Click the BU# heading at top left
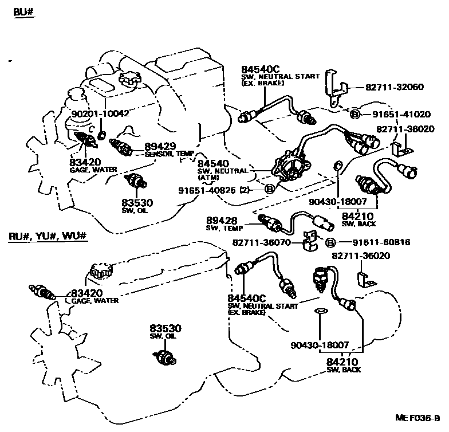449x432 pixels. coord(21,12)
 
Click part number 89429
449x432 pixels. coord(160,147)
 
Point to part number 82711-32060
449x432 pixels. coord(395,88)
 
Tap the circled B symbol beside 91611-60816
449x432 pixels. coord(330,242)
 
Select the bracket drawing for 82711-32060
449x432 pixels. coord(334,86)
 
